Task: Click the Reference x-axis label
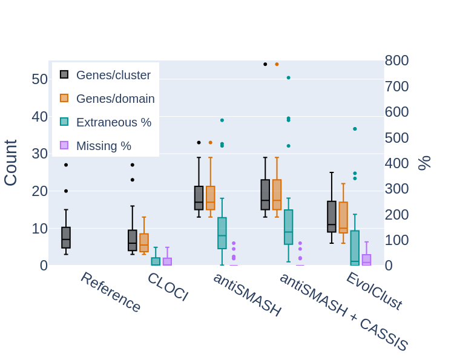pos(111,292)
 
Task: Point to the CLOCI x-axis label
pos(168,287)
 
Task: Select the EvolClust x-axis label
pos(373,291)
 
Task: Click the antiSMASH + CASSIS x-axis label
pos(343,312)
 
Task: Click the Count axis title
pos(11,163)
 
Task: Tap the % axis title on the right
pos(424,163)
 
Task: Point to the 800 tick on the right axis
pos(396,60)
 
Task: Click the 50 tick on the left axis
pos(39,79)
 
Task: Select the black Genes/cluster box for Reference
pos(66,238)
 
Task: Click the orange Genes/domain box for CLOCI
pos(144,243)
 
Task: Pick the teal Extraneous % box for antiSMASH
pos(222,233)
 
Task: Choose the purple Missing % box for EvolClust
pos(366,260)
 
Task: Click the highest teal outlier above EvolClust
pos(355,129)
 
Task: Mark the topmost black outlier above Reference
pos(66,165)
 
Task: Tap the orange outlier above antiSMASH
pos(210,143)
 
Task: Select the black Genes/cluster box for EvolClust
pos(332,217)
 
